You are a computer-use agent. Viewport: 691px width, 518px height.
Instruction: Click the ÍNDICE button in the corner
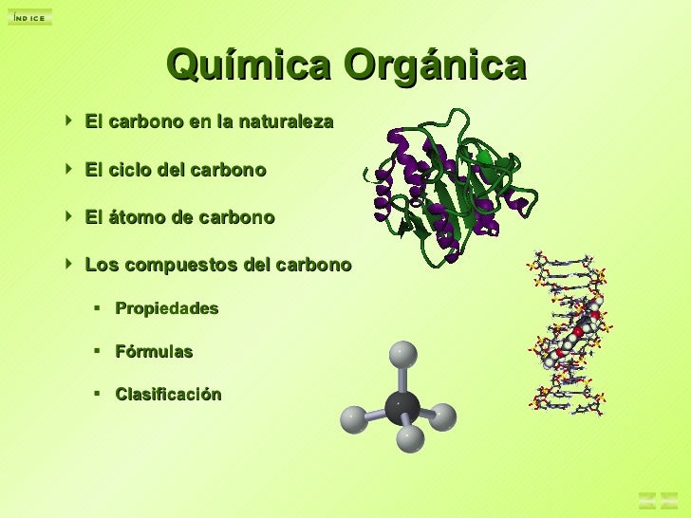pos(29,17)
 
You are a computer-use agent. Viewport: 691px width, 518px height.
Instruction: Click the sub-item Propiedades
pos(166,308)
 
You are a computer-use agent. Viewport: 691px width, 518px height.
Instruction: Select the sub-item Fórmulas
pos(154,352)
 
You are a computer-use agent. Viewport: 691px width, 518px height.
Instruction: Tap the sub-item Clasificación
pos(168,395)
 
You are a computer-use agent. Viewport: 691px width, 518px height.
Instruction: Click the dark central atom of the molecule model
pos(402,407)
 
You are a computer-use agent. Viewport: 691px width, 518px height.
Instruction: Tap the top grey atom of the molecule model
pos(403,354)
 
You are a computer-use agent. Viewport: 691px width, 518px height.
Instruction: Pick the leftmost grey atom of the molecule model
pos(354,419)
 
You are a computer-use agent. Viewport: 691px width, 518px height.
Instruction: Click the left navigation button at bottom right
pos(647,499)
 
